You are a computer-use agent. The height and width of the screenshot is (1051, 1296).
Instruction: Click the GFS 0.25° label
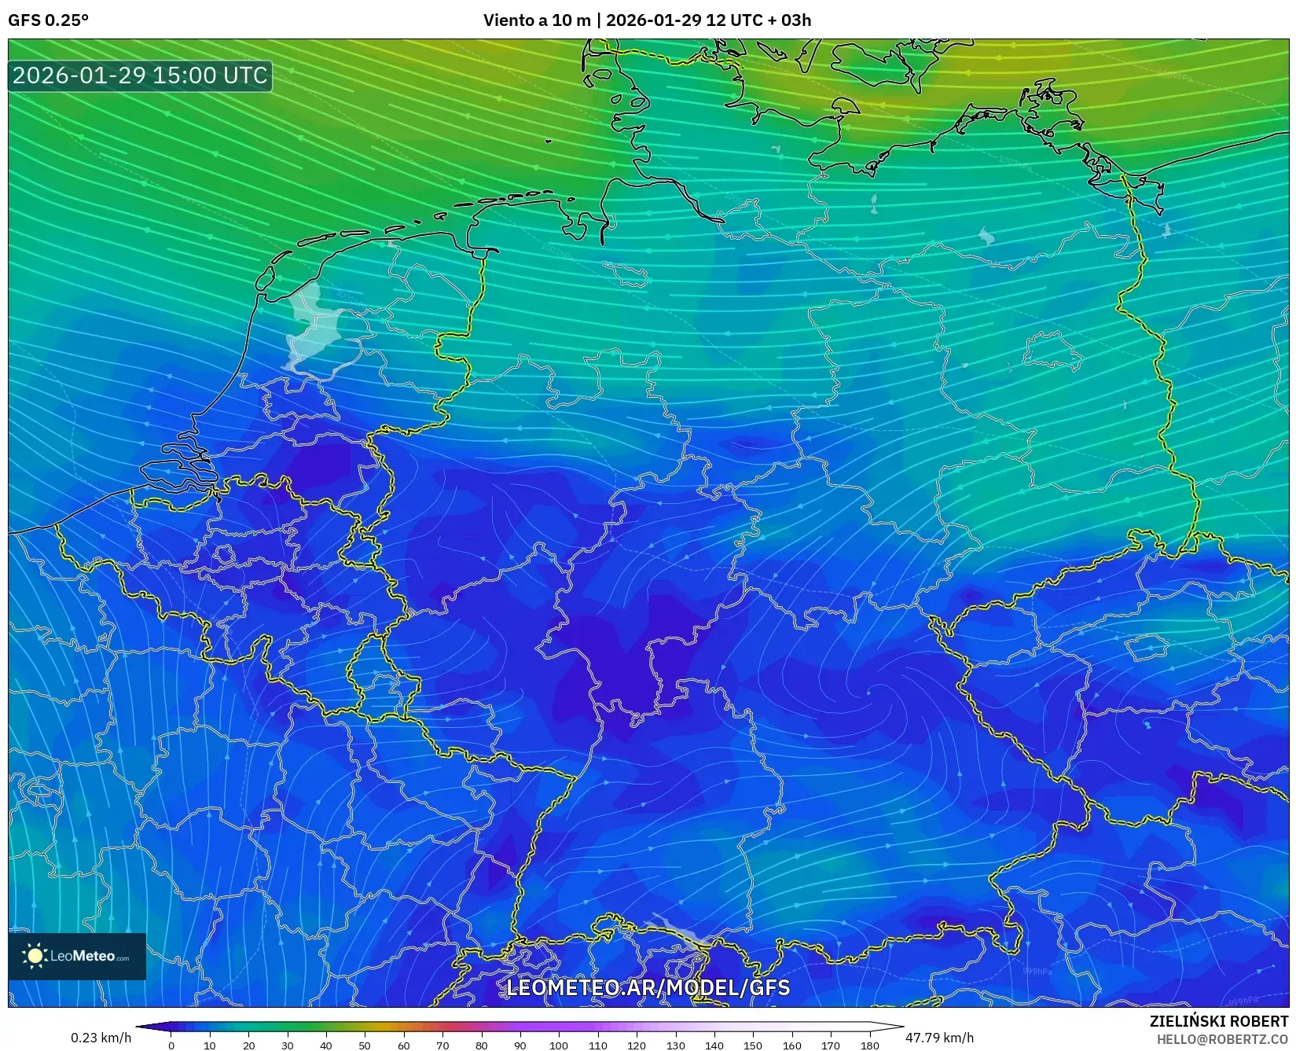point(48,20)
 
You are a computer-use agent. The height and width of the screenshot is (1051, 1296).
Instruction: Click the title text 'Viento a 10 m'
point(536,20)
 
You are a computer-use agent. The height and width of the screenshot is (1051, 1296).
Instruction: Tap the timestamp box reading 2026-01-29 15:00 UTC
point(140,75)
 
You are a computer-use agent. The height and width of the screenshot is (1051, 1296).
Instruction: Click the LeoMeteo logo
point(77,956)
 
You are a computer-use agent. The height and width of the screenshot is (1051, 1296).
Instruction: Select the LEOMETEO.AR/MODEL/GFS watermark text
point(648,987)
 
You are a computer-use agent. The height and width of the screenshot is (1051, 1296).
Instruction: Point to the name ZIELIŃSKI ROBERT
point(1218,1022)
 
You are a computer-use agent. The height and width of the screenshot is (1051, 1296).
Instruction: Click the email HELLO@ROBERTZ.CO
point(1222,1039)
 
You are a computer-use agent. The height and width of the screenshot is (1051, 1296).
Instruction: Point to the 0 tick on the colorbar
point(171,1045)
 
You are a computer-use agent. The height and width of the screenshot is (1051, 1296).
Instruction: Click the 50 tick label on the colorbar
point(365,1045)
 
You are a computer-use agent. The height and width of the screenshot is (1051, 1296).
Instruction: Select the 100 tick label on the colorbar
point(559,1045)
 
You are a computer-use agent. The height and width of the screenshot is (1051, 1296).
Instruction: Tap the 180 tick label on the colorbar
point(869,1045)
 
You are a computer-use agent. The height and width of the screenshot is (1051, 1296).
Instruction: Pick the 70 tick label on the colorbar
point(442,1045)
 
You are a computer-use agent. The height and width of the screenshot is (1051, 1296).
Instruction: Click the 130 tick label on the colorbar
point(675,1045)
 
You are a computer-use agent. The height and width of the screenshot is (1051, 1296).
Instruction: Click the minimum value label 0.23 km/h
point(101,1038)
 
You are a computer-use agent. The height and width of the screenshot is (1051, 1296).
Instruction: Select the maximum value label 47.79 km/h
point(939,1038)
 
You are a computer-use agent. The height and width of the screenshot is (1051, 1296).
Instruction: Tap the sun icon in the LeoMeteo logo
point(35,956)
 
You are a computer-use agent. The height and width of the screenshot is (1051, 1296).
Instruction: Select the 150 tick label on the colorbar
point(753,1045)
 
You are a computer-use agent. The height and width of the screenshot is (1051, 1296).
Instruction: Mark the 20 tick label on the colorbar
point(248,1045)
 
